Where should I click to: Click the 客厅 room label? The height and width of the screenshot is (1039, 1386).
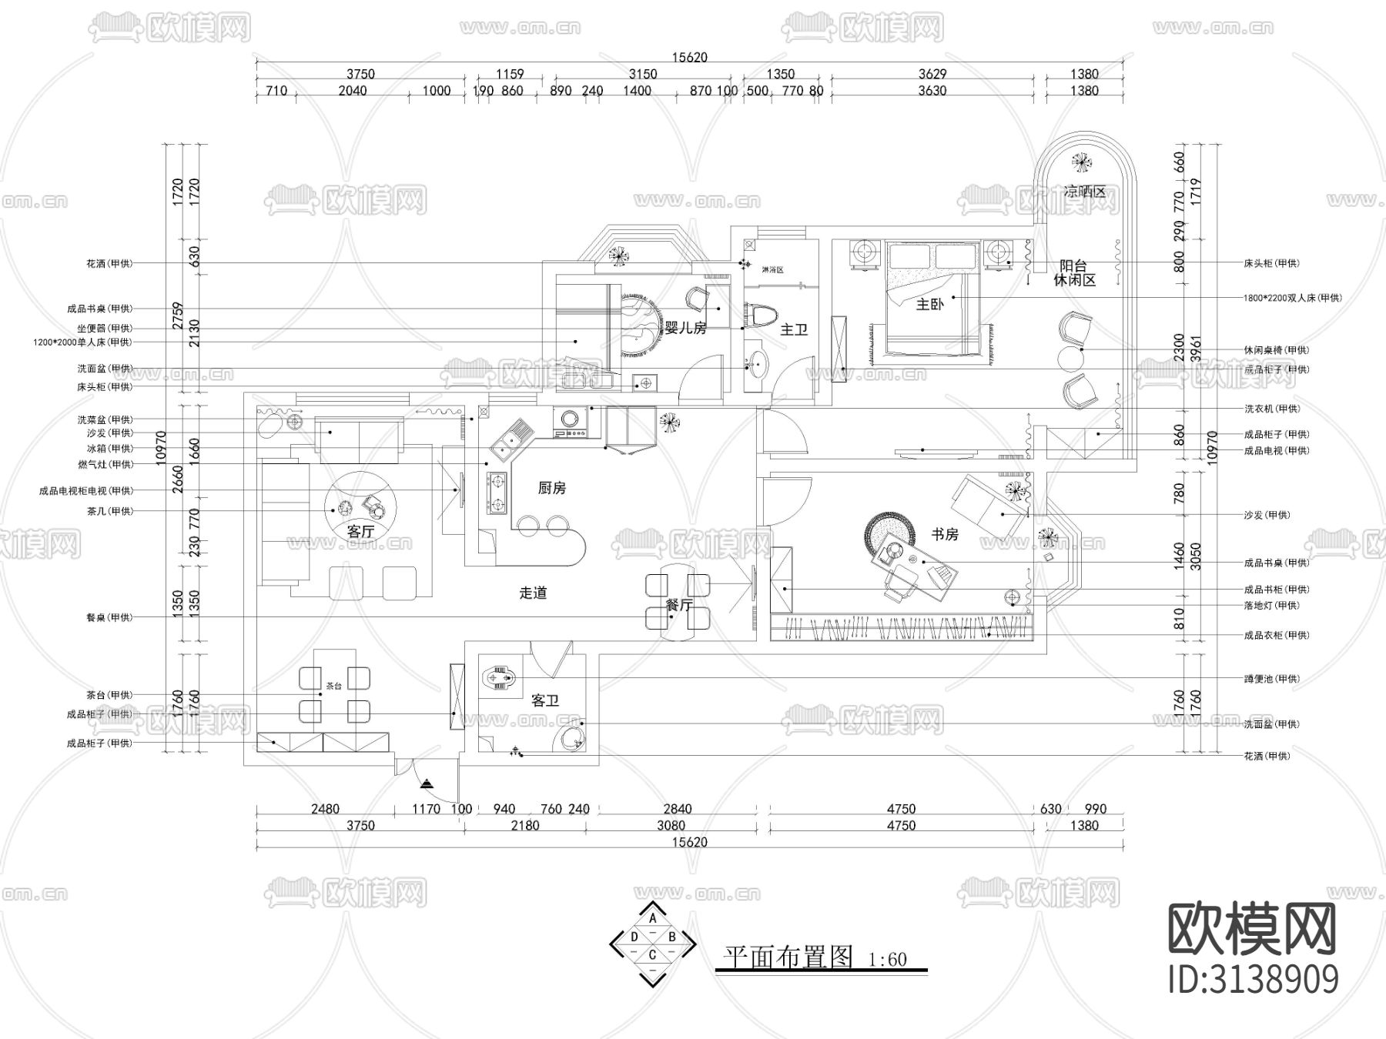(x=360, y=532)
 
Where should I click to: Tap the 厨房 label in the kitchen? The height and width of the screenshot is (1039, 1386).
(x=552, y=488)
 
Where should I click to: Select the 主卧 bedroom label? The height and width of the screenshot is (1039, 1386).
(x=929, y=305)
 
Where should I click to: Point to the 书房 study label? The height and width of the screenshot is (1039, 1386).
(x=945, y=534)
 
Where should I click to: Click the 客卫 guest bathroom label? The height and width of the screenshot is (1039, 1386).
(x=545, y=701)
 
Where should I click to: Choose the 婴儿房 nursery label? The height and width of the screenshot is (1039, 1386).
(x=685, y=329)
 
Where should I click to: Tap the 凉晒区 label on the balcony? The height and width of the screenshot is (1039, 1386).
(x=1084, y=192)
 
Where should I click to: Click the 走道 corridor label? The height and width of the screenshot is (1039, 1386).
(x=533, y=593)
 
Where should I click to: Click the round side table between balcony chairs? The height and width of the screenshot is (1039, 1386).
(x=1070, y=359)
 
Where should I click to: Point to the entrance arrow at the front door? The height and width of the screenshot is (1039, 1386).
(x=427, y=783)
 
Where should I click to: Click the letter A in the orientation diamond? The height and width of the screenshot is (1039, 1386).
(x=653, y=918)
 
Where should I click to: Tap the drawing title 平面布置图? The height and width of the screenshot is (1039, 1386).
(x=787, y=957)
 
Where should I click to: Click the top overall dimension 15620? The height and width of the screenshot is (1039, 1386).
(x=689, y=58)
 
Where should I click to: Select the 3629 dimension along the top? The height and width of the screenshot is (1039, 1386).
(x=932, y=75)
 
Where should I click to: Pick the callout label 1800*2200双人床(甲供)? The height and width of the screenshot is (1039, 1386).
(x=1292, y=298)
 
